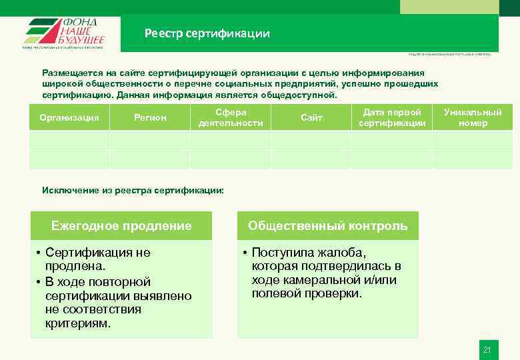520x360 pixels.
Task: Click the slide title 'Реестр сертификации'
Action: click(x=207, y=33)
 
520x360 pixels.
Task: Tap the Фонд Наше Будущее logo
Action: click(x=64, y=33)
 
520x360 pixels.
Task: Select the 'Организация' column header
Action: click(x=69, y=118)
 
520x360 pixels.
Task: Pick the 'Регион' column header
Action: click(x=150, y=118)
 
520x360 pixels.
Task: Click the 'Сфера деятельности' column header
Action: click(x=231, y=117)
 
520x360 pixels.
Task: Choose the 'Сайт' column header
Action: click(x=311, y=118)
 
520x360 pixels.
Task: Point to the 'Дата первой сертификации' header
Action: click(x=392, y=117)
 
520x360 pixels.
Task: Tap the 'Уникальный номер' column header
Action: click(x=473, y=117)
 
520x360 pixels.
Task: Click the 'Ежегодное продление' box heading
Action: click(x=121, y=226)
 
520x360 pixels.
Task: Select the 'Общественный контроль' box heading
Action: click(x=328, y=226)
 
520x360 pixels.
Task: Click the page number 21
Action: click(x=487, y=350)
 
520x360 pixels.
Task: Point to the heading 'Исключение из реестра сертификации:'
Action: click(x=133, y=191)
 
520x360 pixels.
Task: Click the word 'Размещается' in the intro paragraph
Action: click(x=71, y=73)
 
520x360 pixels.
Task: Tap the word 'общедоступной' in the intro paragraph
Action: click(x=297, y=95)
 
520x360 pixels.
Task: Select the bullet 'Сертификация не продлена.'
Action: click(x=97, y=259)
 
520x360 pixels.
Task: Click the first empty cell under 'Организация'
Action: click(x=69, y=141)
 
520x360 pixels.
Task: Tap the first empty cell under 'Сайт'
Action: click(x=311, y=141)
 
